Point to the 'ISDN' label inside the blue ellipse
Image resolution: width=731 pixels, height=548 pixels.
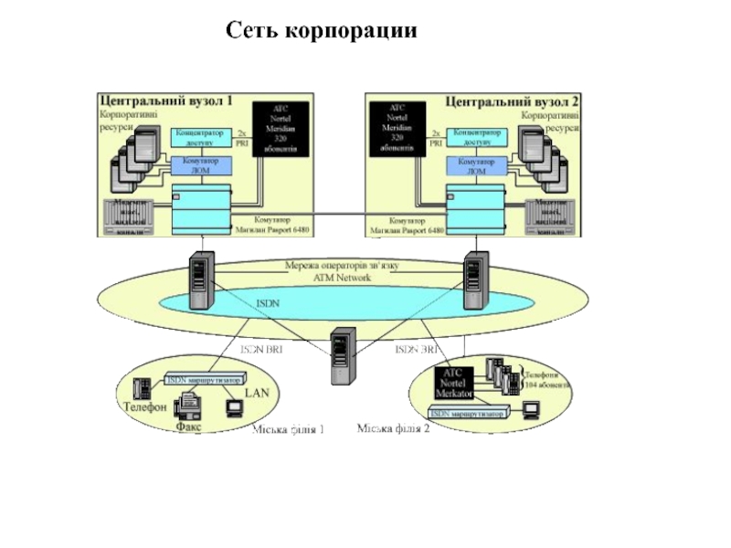pos(267,302)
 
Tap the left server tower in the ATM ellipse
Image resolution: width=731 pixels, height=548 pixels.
pos(200,281)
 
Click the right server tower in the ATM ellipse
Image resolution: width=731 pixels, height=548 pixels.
pos(474,281)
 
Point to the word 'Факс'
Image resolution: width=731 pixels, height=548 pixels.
pos(188,426)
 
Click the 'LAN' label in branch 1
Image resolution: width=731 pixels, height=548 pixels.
pos(257,393)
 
